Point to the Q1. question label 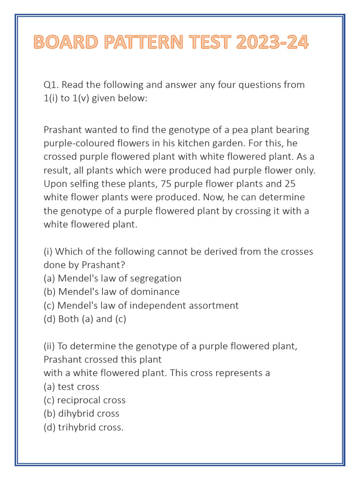tap(51, 85)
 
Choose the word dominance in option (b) tap(156, 292)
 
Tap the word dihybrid tap(76, 414)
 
